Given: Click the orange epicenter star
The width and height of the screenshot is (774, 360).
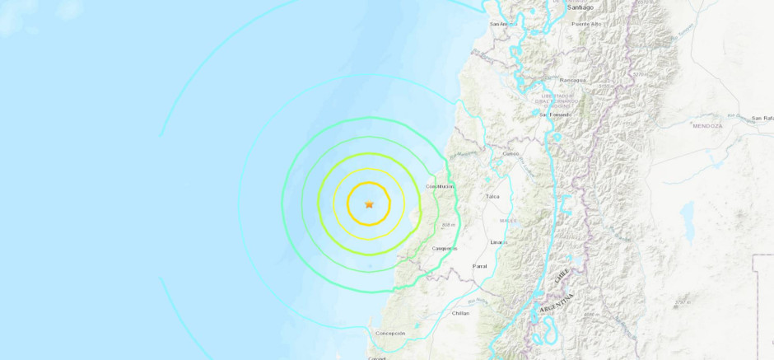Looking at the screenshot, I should pos(369,204).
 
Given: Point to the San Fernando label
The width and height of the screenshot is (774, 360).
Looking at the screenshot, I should pos(555,115).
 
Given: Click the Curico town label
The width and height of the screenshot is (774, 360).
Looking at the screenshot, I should pos(511,153).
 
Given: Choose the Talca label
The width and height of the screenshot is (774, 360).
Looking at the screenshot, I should pos(493,197).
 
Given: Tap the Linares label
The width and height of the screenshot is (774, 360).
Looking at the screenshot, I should pos(498,242).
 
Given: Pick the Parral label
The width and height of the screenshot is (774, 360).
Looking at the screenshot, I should pos(480,266).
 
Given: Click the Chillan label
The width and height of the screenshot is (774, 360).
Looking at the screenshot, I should pos(460,313).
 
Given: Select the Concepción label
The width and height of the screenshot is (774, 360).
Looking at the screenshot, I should pos(390,333).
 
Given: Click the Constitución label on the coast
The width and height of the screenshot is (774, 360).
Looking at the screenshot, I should pos(441,186).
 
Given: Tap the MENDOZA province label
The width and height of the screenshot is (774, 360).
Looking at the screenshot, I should pos(706,125).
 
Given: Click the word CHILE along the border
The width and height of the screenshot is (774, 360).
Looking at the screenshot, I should pos(562,276).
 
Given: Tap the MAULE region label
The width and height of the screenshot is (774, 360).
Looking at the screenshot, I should pos(509,220).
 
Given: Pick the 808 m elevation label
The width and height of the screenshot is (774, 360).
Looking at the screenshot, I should pos(448,224).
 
